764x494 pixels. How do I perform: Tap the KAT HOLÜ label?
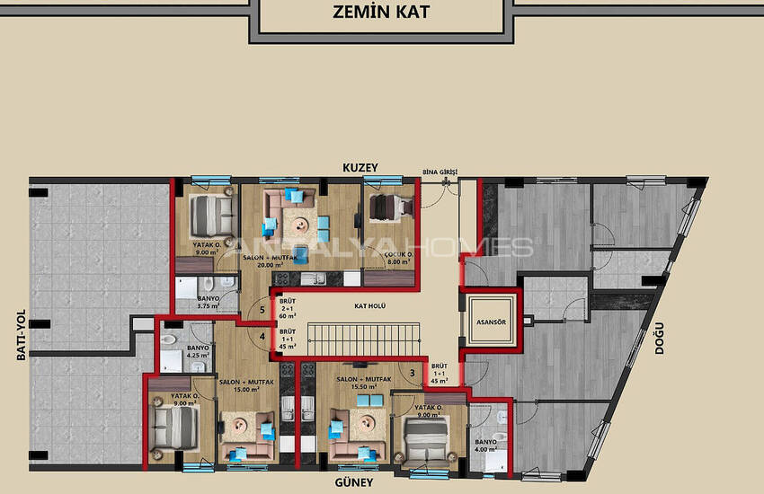click(369, 304)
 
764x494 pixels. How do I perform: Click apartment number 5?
click(262, 311)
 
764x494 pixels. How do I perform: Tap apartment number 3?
click(412, 372)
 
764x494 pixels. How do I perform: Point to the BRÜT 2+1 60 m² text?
click(288, 310)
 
